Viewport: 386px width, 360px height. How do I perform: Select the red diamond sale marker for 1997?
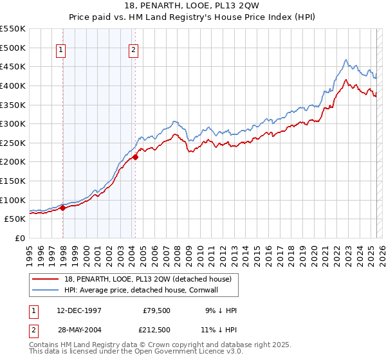click(63, 208)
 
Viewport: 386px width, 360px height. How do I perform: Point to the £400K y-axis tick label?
click(13, 85)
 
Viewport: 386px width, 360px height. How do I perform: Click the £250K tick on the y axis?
click(13, 143)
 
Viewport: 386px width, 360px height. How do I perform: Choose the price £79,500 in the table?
click(156, 310)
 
